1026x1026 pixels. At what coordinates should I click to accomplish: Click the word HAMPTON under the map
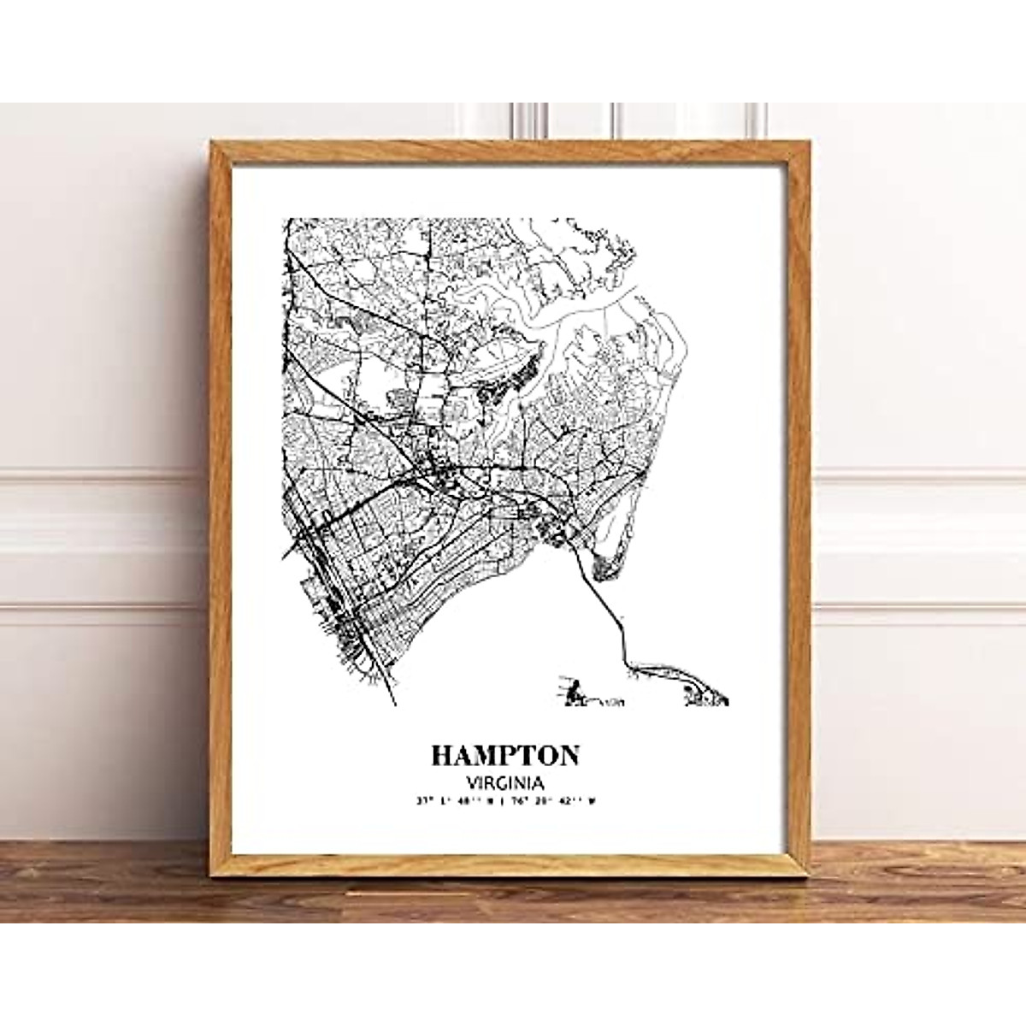505,755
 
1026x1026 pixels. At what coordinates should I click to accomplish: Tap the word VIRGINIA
505,781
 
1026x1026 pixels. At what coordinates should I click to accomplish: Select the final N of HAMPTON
568,755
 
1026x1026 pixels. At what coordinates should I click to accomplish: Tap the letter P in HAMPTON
510,755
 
